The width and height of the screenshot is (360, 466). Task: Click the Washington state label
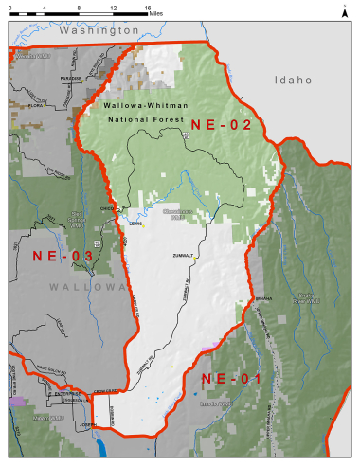99,30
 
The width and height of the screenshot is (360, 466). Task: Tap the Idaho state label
293,81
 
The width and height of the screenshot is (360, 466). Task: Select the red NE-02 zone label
221,124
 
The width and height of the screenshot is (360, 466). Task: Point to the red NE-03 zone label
63,256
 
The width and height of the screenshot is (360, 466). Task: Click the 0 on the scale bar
10,8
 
